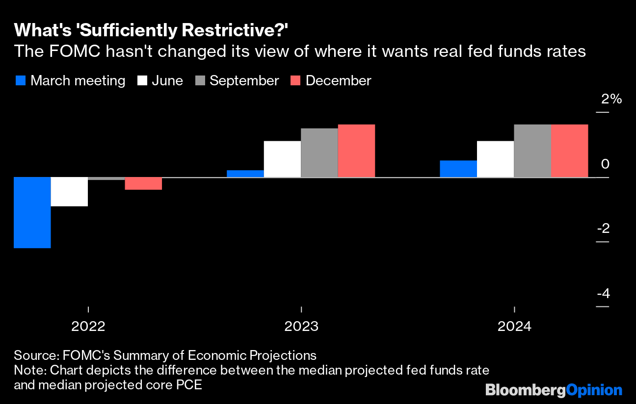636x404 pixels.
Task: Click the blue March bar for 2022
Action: pyautogui.click(x=32, y=212)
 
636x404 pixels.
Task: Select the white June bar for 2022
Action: pyautogui.click(x=69, y=192)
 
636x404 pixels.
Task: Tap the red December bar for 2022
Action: pyautogui.click(x=143, y=183)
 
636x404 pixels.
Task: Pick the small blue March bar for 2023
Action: pyautogui.click(x=245, y=174)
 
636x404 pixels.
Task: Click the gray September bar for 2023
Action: pyautogui.click(x=319, y=152)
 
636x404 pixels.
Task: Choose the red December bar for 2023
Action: pyautogui.click(x=356, y=151)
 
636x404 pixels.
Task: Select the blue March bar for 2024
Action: pyautogui.click(x=458, y=169)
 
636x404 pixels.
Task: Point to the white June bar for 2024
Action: pyautogui.click(x=496, y=159)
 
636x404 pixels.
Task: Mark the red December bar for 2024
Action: pyautogui.click(x=570, y=151)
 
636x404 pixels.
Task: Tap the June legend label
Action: pyautogui.click(x=167, y=80)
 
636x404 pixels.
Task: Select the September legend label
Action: pyautogui.click(x=244, y=80)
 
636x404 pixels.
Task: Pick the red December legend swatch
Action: pyautogui.click(x=295, y=80)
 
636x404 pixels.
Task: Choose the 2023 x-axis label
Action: pyautogui.click(x=301, y=327)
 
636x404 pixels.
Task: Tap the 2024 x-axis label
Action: pyautogui.click(x=514, y=327)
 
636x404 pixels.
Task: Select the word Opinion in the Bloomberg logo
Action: pyautogui.click(x=594, y=390)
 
